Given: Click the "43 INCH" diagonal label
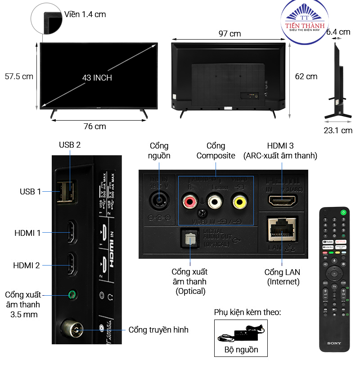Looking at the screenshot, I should click(x=97, y=78).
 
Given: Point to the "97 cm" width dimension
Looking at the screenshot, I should click(x=229, y=34).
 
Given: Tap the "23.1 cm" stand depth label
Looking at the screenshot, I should click(x=337, y=131).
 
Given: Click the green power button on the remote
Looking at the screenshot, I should click(x=343, y=212).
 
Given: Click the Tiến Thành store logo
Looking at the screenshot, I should click(x=306, y=23).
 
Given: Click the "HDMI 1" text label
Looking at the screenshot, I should click(x=27, y=233).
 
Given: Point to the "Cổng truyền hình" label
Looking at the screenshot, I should click(x=158, y=330).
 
